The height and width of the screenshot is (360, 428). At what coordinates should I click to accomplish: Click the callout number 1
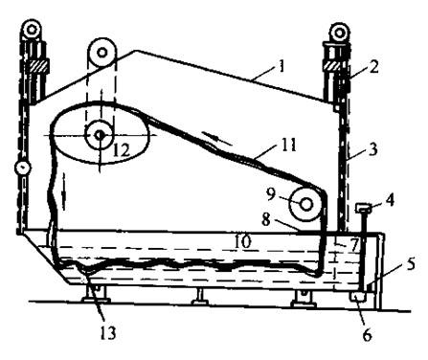point(281,66)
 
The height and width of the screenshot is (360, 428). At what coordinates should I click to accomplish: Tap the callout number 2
point(372,66)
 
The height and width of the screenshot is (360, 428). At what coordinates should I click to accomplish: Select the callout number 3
point(372,148)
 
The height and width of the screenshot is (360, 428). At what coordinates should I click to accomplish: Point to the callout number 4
point(389,199)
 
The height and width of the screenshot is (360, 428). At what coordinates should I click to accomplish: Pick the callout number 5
point(410,264)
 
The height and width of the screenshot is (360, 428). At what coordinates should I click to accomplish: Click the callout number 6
point(367,335)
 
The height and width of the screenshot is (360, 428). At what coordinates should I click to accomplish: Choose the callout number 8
point(266,219)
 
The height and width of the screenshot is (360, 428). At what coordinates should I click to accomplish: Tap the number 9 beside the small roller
point(271,194)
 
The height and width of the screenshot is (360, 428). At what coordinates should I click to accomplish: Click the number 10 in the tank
point(242,241)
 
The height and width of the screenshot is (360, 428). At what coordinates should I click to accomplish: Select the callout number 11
point(286,145)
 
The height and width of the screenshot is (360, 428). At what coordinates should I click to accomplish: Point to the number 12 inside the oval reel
point(122,149)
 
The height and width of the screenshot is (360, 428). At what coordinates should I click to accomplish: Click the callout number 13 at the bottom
point(106,333)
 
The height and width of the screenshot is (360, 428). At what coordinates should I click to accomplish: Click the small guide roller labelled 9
point(305,204)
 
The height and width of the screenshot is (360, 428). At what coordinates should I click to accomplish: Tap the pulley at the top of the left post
point(32,30)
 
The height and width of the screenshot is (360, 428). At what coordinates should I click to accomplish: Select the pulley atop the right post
point(339,32)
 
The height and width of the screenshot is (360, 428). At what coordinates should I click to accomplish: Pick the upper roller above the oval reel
point(101,53)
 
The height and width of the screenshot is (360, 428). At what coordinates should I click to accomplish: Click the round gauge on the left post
point(22,168)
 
